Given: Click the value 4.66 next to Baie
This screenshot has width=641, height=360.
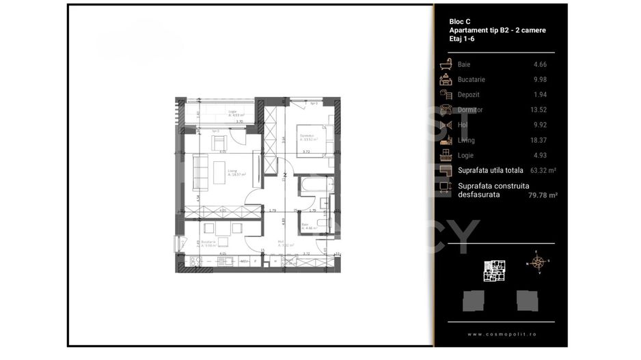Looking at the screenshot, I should click(x=539, y=64).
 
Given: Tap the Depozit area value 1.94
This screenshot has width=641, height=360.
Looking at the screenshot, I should click(x=539, y=94).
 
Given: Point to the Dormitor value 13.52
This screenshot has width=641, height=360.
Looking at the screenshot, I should click(x=538, y=109).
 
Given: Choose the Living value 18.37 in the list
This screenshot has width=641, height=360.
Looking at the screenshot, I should click(x=538, y=140).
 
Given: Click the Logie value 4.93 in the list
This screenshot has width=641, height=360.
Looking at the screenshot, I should click(x=539, y=155).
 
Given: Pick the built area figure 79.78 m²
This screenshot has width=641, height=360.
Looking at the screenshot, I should click(x=544, y=195).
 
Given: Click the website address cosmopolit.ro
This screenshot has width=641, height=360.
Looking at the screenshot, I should click(x=500, y=334).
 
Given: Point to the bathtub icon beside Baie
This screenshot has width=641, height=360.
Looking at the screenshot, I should click(x=446, y=64).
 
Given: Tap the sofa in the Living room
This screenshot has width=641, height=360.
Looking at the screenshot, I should click(x=200, y=172).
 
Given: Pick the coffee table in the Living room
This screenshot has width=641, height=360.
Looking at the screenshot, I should click(x=219, y=167).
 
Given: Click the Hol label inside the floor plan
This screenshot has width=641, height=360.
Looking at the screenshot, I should click(x=282, y=240).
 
